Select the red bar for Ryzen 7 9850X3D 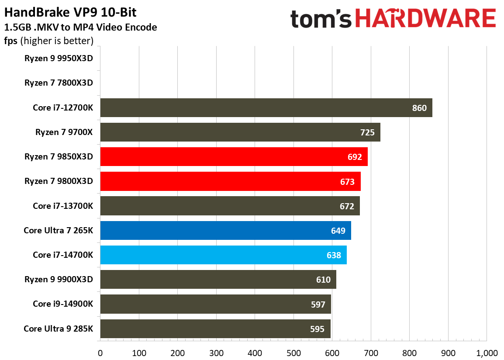coord(234,156)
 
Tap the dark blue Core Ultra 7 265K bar coord(225,230)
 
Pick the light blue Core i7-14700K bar coord(223,255)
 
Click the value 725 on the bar coord(367,132)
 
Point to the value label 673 coord(347,181)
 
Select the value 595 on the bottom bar coord(318,329)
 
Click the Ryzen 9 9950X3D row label coord(59,58)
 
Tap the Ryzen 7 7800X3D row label coord(59,83)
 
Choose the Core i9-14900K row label coord(63,304)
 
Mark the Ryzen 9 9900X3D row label coord(59,279)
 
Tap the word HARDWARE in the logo coord(425,19)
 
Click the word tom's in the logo coord(321,19)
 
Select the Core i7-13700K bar coord(230,206)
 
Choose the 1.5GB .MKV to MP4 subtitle coord(80,28)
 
